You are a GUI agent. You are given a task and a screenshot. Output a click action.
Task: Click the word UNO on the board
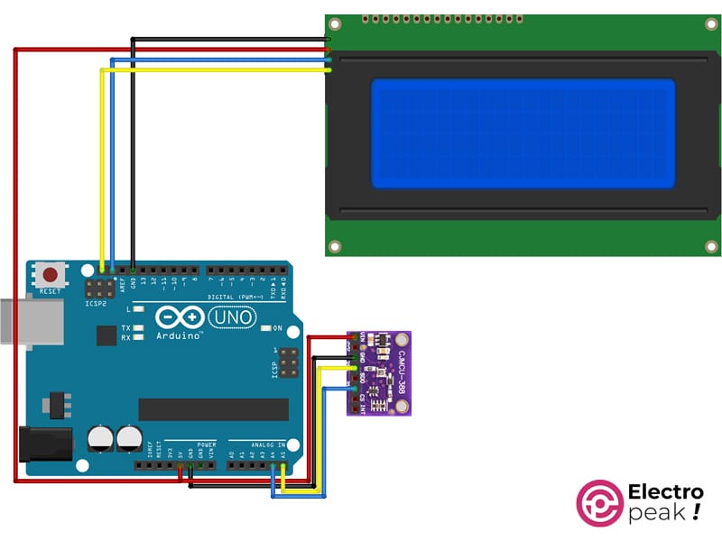click(232, 318)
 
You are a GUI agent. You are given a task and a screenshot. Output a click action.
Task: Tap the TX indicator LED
click(139, 328)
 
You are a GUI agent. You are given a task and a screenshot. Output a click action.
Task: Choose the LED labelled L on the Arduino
click(139, 309)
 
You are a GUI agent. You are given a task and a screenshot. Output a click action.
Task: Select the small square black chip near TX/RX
click(106, 335)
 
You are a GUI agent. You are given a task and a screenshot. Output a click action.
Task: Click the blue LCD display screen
click(523, 133)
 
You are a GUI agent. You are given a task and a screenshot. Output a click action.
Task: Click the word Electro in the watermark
click(664, 492)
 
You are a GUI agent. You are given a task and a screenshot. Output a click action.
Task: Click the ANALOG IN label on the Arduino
click(267, 445)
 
